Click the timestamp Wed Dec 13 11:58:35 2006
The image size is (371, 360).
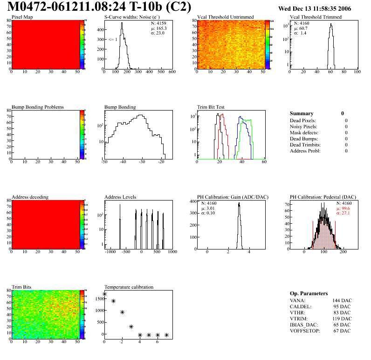pos(315,8)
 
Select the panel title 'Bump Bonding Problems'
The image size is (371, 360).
pos(38,107)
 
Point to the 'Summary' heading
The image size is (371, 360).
pos(302,113)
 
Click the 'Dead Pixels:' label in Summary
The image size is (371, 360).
pos(303,121)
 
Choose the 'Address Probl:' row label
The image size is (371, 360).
pos(305,151)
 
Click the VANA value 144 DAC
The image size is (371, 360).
pos(342,300)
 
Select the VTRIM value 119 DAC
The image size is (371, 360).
pos(342,318)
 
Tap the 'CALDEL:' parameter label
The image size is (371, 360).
pos(301,306)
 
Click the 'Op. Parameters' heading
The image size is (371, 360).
pos(309,293)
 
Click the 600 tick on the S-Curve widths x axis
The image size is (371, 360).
pos(172,72)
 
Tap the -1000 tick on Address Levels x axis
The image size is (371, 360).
pos(110,252)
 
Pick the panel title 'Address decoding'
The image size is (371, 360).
pos(30,197)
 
